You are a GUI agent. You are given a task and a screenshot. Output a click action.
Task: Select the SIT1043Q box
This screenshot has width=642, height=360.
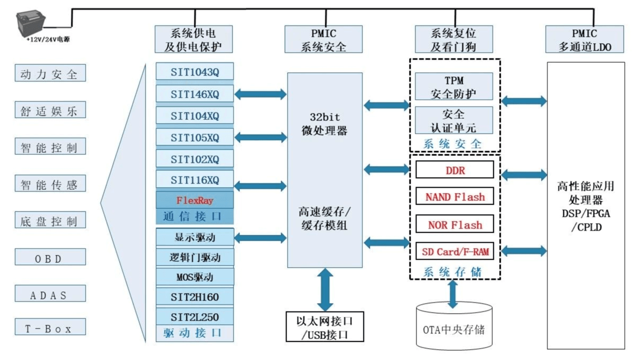coord(195,72)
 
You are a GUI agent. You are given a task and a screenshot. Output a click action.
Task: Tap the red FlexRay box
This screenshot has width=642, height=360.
coord(195,200)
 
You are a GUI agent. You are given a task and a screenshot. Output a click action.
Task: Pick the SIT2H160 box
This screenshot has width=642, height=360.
coord(195,296)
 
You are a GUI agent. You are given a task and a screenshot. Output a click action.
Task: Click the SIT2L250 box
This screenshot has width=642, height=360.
coord(195,317)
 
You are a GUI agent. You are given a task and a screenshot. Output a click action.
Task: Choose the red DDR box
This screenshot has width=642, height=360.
coord(455,171)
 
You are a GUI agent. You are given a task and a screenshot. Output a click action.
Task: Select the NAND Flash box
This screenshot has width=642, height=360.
coord(455,197)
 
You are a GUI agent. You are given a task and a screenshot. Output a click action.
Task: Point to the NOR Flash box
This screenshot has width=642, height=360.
coord(455,224)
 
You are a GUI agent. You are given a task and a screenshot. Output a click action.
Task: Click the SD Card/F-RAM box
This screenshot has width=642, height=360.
coord(455,251)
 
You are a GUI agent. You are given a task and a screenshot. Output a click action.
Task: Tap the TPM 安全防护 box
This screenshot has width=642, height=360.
coord(454,87)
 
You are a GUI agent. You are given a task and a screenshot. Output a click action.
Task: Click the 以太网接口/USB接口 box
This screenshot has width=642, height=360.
coord(325,327)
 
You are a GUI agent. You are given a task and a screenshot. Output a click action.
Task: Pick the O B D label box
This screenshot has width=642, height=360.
coord(50,257)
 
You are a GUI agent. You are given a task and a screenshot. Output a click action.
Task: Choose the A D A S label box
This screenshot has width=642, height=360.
coord(50,294)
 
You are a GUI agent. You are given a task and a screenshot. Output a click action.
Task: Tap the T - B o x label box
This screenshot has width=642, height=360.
coord(50,327)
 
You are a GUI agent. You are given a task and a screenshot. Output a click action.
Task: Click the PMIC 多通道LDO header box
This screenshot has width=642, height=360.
coord(585,39)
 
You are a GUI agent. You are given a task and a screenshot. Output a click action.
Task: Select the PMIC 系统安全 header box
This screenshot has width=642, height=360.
coord(324,39)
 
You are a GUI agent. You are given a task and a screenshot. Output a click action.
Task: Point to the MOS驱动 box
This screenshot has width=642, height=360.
coord(195,277)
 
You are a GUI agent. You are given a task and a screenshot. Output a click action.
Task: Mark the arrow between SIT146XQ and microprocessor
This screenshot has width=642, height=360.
coord(261,94)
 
